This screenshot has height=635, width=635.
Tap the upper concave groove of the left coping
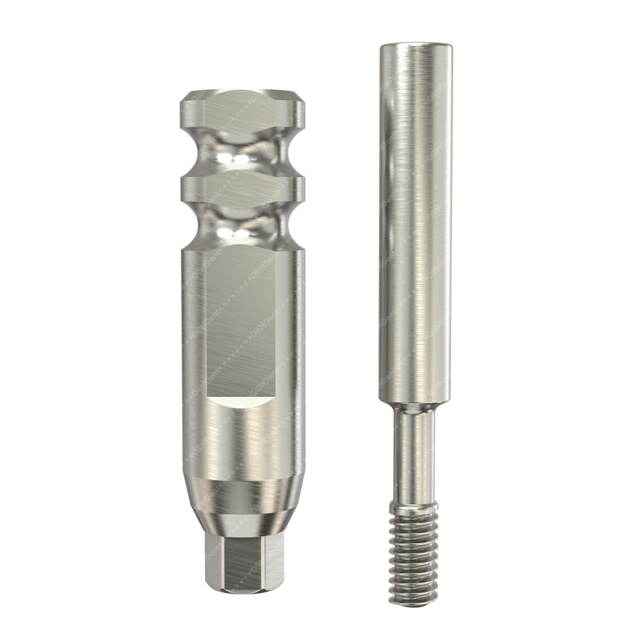click(x=243, y=154)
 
